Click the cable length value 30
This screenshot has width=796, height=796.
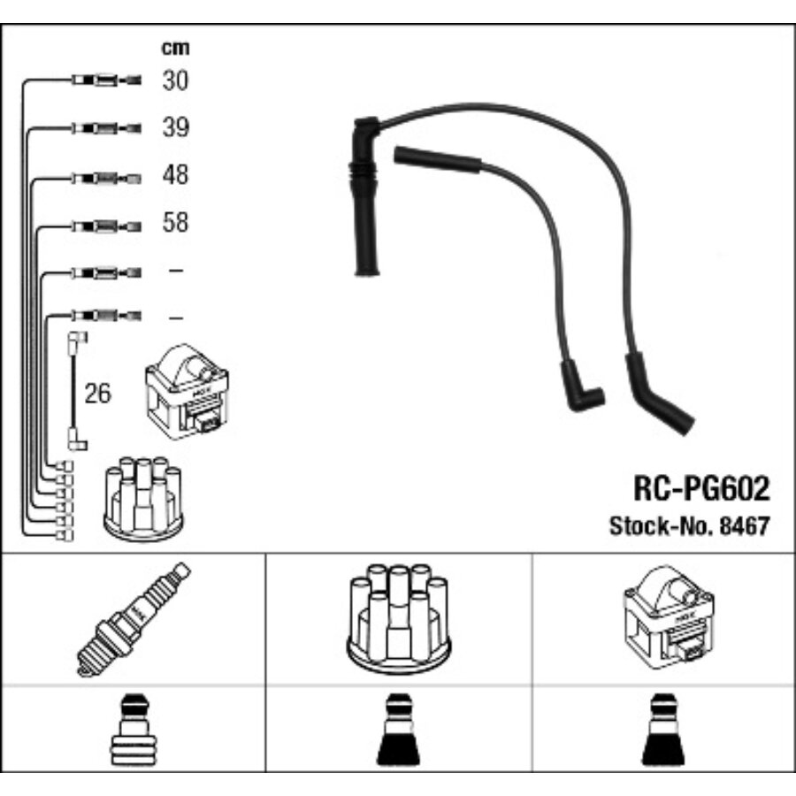(x=175, y=80)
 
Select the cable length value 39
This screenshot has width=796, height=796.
(x=175, y=127)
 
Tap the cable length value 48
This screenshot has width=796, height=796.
(x=175, y=174)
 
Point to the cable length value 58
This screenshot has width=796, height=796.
(x=175, y=222)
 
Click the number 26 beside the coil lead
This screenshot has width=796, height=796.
(x=97, y=394)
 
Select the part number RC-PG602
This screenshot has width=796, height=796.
(x=700, y=487)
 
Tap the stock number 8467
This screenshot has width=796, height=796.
(x=745, y=524)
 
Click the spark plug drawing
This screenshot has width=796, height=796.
(x=133, y=618)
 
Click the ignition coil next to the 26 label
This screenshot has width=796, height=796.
(x=187, y=391)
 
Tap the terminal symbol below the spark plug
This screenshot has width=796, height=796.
(x=133, y=729)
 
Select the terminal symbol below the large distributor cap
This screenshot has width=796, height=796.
(x=398, y=731)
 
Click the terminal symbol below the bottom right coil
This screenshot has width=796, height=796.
(x=663, y=731)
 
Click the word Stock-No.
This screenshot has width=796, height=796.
(x=652, y=524)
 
